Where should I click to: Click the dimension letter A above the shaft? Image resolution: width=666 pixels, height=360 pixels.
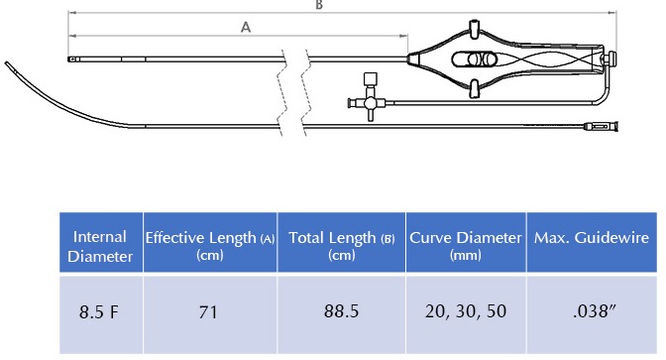(x=246, y=27)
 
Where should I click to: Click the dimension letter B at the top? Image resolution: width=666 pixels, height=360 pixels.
(x=319, y=5)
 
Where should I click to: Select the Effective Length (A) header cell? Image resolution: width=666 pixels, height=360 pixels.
(x=210, y=242)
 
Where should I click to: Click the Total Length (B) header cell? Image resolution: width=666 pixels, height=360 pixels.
(x=342, y=242)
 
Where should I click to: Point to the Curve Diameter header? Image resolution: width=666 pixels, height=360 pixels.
(x=466, y=242)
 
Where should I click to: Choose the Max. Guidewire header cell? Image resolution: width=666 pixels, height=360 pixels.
(x=592, y=242)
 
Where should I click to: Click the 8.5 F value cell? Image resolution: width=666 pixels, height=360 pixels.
(x=99, y=312)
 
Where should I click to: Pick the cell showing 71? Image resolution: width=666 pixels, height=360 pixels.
(x=208, y=312)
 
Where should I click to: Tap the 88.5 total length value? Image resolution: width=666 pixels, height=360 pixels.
(x=342, y=311)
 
